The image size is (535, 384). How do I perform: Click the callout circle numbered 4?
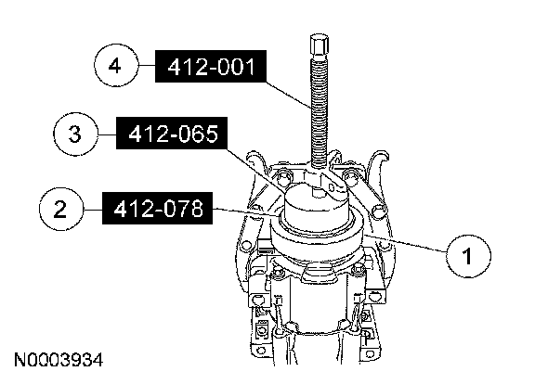pos(117,65)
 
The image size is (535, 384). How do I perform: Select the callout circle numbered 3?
pos(75,134)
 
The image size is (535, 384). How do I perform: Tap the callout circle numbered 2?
pos(61,209)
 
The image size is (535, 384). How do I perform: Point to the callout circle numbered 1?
pos(468,256)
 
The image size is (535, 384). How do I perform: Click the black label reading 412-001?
pos(211,67)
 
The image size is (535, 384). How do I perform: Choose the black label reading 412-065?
pos(172,134)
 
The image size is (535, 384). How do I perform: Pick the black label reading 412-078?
pos(157,208)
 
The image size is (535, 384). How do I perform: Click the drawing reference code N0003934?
pos(59,360)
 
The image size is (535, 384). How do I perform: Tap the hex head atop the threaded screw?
pos(320,45)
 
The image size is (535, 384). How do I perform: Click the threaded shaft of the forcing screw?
pos(320,112)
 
